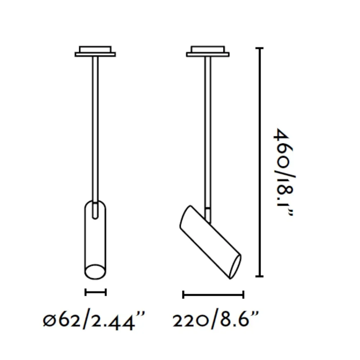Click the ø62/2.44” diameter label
click(x=94, y=320)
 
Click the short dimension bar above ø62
click(x=95, y=292)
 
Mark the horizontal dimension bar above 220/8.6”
click(x=213, y=294)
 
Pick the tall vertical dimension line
click(x=260, y=162)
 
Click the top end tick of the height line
click(x=260, y=48)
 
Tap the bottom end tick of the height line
click(x=260, y=276)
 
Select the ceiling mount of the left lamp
click(x=95, y=51)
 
